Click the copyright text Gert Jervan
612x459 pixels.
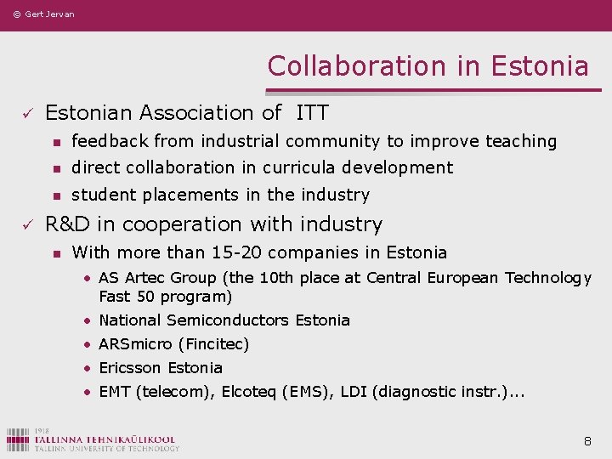pos(43,14)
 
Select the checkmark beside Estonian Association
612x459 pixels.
pos(27,113)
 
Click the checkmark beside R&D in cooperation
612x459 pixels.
pos(27,224)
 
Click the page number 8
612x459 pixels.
pos(587,441)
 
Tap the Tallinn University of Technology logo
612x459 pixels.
pos(93,439)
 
